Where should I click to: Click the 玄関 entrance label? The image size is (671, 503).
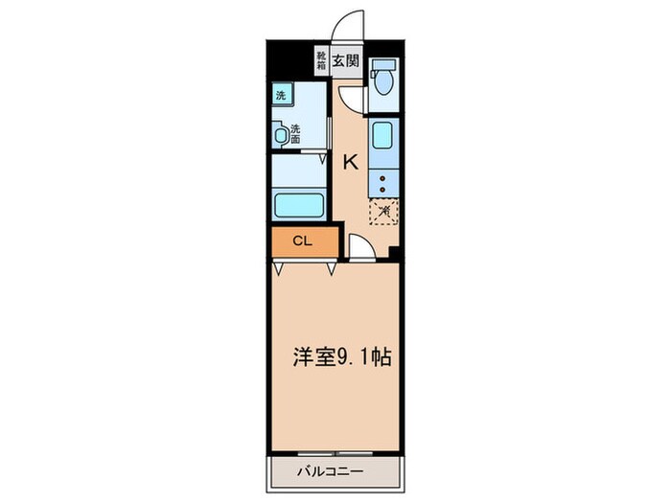(x=345, y=59)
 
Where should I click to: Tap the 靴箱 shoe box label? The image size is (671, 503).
(x=321, y=59)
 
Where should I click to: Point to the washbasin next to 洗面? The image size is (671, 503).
(x=281, y=135)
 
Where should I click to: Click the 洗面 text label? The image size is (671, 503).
(x=294, y=133)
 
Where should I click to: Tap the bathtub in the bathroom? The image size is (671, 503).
(x=299, y=204)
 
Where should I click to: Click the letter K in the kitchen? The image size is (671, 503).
(x=351, y=163)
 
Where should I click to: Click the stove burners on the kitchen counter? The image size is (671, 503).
(x=382, y=178)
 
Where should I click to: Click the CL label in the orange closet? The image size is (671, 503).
(x=301, y=241)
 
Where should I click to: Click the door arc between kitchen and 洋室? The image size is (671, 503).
(x=361, y=247)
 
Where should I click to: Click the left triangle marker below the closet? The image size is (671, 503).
(x=279, y=269)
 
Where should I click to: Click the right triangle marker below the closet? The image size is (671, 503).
(x=331, y=269)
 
